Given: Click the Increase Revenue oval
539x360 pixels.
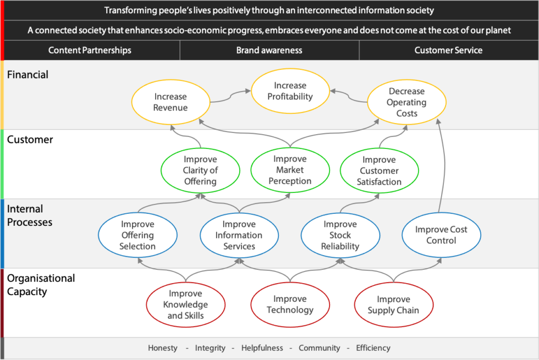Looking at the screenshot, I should (170, 102).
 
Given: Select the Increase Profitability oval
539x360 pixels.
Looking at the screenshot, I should (290, 91).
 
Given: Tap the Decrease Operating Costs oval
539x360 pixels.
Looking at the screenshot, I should (406, 102).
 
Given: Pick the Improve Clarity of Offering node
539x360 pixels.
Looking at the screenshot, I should (200, 170).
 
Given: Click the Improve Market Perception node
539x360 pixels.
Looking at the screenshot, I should (290, 170).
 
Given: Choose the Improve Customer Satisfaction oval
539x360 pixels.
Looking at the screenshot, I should (379, 170).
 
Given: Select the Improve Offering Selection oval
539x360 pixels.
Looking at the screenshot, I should (137, 235).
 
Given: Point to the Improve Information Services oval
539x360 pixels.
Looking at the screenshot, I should (239, 235).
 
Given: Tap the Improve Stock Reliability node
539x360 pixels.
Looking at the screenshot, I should (340, 235).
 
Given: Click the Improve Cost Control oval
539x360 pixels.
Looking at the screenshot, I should (441, 235).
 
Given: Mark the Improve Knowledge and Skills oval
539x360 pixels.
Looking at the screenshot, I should (186, 304).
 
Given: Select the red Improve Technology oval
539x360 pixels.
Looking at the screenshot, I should (290, 304).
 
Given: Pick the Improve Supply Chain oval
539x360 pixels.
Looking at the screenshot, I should (393, 304).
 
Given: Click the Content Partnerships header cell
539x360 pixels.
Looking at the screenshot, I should (90, 50).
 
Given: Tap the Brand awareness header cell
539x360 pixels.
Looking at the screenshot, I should (269, 50).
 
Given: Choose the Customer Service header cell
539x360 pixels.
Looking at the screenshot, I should (448, 50).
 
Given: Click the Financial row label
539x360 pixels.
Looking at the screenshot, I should (28, 74).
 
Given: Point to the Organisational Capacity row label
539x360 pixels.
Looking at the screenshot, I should (41, 285).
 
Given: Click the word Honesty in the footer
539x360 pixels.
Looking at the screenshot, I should (163, 348).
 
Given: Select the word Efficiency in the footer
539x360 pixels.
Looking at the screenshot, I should (373, 348).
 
